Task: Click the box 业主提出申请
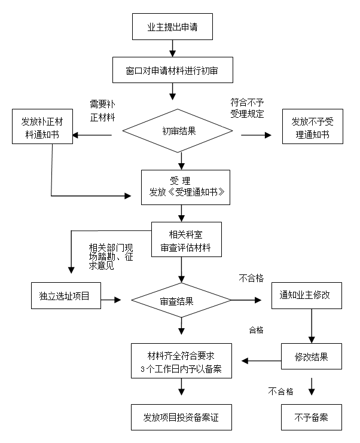tap(172, 27)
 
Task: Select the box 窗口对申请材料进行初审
tap(172, 70)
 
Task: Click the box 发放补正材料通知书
tap(42, 128)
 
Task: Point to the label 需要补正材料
tap(102, 110)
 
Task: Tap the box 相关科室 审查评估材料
tap(181, 240)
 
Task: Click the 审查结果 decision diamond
tap(181, 301)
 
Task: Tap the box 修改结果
tap(311, 357)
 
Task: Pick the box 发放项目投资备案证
tap(181, 417)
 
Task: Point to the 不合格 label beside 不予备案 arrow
tap(280, 392)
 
